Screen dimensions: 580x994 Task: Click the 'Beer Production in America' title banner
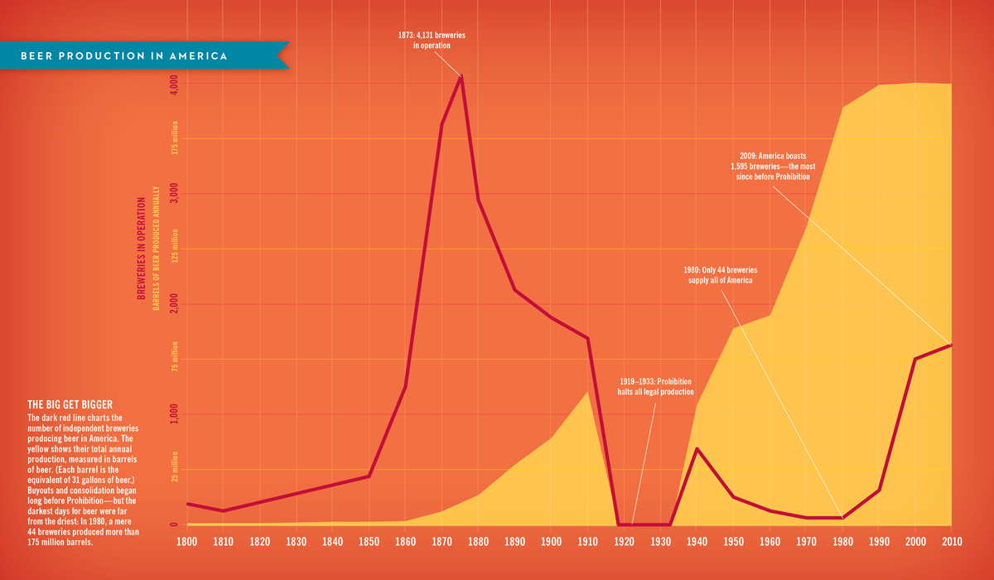tap(124, 56)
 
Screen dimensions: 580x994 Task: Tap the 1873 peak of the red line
tap(461, 77)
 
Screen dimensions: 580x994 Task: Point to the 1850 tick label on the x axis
tap(369, 541)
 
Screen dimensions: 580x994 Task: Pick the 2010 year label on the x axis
tap(951, 541)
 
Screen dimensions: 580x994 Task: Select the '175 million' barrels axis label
tap(176, 138)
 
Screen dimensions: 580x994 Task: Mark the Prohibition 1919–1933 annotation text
tap(656, 386)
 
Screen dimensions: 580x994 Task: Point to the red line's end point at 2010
tap(951, 345)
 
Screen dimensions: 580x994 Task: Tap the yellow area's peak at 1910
tap(588, 391)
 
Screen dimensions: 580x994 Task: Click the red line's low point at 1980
tap(842, 518)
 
